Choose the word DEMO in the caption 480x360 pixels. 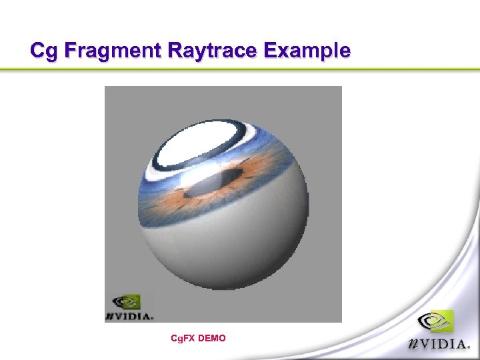click(x=213, y=339)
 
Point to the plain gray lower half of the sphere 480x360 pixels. click(x=227, y=247)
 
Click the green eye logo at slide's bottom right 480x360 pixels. click(x=435, y=323)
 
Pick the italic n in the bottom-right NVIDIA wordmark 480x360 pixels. click(x=414, y=346)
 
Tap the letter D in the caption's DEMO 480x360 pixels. click(x=203, y=339)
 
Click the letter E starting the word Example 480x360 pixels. click(x=272, y=51)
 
